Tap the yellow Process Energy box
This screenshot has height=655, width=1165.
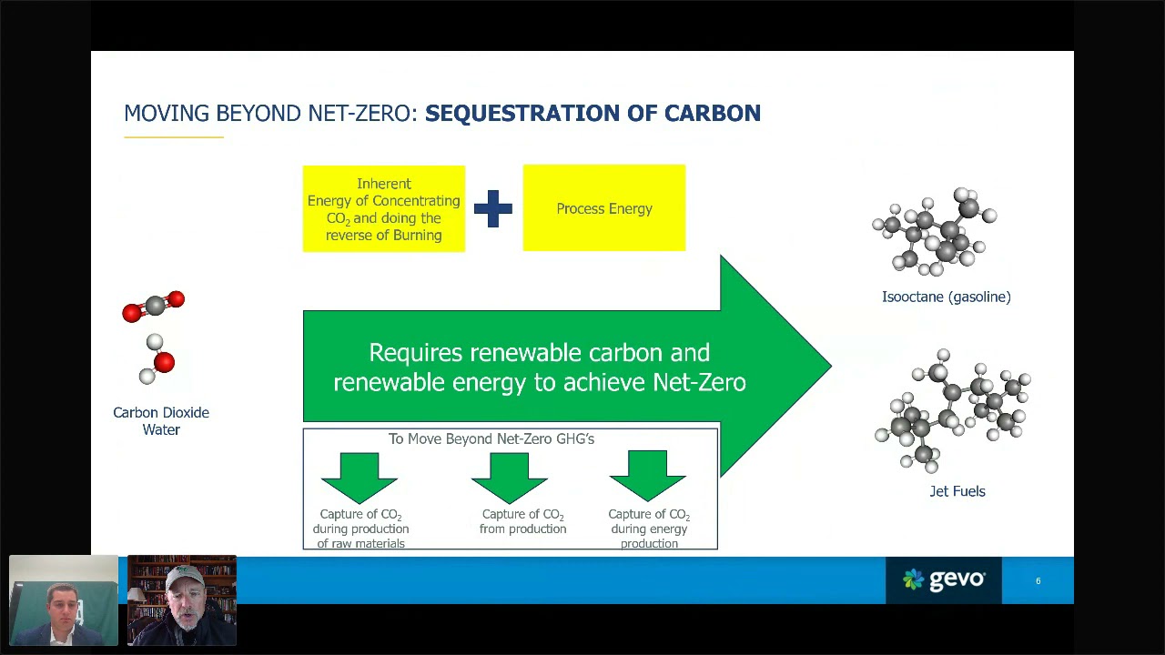604,208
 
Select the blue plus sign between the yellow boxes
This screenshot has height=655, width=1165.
493,208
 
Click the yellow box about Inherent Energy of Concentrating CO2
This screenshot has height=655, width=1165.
384,209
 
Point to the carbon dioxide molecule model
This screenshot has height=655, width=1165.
154,306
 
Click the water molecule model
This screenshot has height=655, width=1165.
157,359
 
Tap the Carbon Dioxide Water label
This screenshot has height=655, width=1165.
161,420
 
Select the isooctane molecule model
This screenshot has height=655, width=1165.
936,231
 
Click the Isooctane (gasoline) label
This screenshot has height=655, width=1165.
946,297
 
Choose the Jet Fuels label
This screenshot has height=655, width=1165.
957,491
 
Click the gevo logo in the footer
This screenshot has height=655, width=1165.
944,579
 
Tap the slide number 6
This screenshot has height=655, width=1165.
1038,580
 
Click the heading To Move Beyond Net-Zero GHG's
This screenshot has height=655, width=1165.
491,438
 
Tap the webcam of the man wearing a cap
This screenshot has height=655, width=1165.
182,600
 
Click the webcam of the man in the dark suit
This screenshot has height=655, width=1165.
64,600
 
